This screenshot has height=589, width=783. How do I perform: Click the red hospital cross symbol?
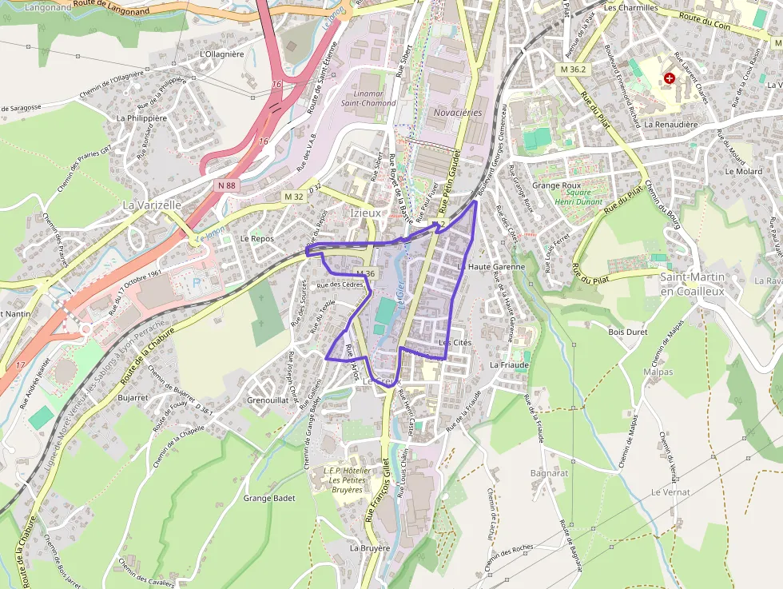coord(669,78)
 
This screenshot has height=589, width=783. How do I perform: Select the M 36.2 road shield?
coord(573,70)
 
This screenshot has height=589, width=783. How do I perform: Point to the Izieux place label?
coord(366,213)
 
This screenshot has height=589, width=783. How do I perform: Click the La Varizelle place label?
coord(152,205)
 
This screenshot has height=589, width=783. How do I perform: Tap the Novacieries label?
coord(458,113)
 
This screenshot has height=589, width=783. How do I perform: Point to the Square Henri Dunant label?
coord(578,197)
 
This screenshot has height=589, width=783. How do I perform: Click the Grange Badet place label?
coord(268,498)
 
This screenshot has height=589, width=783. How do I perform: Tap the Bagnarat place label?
coord(549,473)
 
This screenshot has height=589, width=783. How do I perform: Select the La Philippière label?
coord(141,117)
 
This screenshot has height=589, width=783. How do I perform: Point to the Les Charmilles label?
coord(630,7)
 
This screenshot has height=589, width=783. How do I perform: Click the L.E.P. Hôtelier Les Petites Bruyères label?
coord(347,480)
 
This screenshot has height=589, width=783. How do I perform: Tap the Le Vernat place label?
coord(670,492)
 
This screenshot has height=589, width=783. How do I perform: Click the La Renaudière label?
coord(670,125)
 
